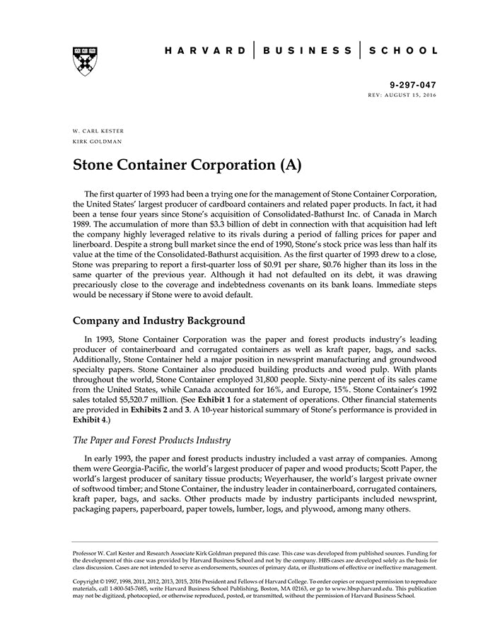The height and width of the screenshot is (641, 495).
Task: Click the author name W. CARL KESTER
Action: click(x=98, y=132)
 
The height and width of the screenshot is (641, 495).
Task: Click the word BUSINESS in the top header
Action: click(x=307, y=51)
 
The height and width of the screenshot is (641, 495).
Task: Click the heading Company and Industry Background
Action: click(x=159, y=320)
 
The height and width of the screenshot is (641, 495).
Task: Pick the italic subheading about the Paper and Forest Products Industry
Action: click(x=151, y=440)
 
